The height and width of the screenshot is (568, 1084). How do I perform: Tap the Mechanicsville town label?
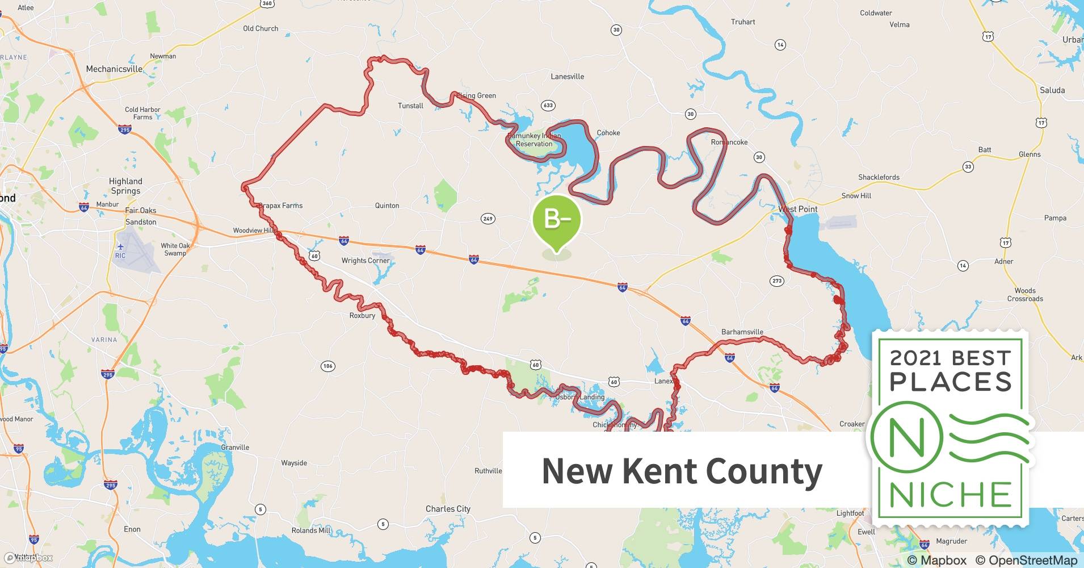click(114, 69)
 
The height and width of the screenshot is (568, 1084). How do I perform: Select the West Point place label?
click(797, 209)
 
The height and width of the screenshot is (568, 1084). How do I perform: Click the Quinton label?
click(387, 206)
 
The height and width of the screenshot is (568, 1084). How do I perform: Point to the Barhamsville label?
click(742, 332)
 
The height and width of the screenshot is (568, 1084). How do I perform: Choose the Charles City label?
click(448, 509)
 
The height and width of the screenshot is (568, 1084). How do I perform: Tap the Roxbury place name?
click(362, 316)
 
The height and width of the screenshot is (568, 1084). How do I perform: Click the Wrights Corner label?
click(365, 261)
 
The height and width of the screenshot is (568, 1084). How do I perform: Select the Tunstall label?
click(410, 106)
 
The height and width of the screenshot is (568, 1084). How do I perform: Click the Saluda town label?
click(1052, 90)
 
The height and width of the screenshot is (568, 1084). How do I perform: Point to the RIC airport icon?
click(120, 247)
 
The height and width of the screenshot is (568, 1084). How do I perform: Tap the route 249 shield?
click(488, 219)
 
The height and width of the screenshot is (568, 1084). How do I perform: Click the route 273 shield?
click(777, 281)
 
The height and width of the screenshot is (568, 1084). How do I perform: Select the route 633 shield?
click(548, 106)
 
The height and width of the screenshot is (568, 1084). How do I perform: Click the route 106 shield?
click(327, 366)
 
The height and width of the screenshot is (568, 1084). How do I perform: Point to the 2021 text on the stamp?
click(915, 358)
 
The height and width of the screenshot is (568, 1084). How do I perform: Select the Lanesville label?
click(567, 77)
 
